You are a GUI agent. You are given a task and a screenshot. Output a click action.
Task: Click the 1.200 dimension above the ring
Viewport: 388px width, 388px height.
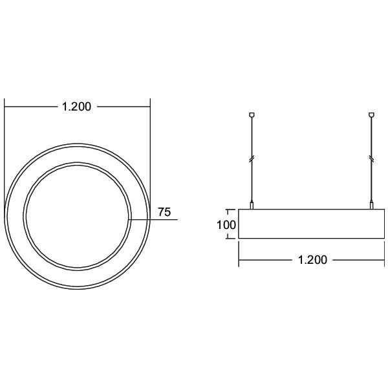(76, 107)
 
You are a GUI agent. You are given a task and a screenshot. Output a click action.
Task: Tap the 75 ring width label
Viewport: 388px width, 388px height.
(164, 211)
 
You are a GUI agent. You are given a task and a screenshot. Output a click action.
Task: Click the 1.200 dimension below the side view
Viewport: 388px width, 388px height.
(312, 260)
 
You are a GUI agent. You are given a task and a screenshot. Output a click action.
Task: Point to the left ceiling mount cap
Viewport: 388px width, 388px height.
(252, 116)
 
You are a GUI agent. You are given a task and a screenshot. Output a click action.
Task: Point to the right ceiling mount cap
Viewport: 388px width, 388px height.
(371, 116)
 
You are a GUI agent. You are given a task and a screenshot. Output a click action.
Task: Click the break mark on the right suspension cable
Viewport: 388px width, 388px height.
(371, 158)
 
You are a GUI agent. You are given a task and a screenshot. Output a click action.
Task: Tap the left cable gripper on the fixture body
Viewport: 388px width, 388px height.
(252, 206)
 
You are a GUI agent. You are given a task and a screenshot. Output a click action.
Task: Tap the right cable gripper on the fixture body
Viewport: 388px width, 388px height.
(371, 206)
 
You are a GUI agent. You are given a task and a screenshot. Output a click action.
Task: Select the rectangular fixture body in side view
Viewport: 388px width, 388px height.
(312, 224)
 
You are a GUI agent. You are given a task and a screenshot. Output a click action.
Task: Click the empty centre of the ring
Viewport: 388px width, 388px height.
(78, 215)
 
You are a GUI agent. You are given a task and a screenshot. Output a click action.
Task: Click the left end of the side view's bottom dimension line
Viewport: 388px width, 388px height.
(240, 260)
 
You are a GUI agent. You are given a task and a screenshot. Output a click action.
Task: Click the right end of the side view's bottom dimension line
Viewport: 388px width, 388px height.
(384, 260)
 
